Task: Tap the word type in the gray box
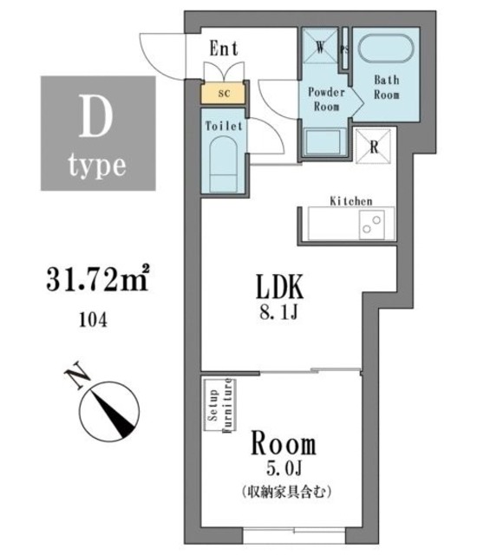97,163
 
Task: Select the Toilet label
223,125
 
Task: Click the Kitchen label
351,201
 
